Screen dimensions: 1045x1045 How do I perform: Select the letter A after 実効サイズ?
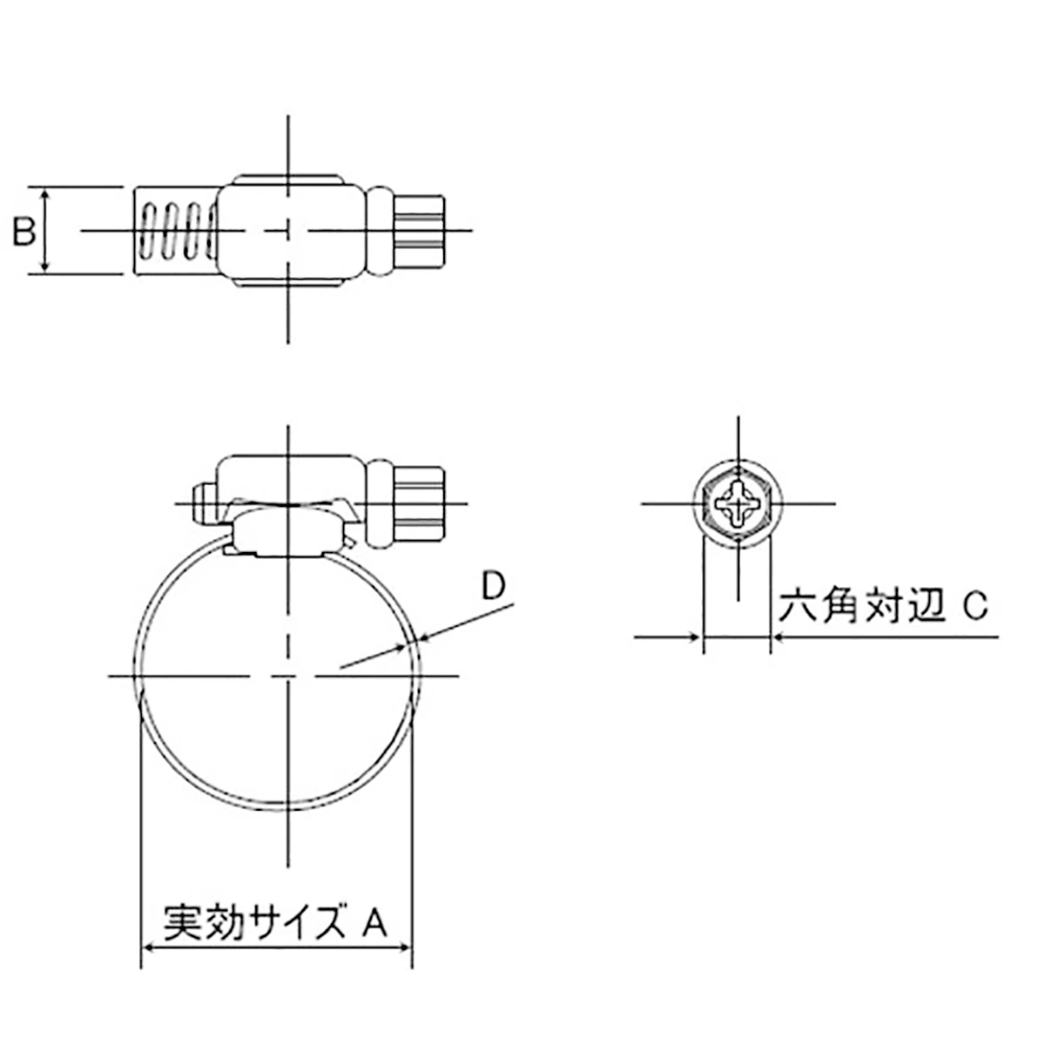374,920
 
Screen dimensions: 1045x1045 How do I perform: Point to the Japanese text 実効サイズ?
254,920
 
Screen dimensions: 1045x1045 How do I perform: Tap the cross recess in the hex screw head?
738,504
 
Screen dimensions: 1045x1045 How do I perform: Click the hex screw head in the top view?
419,232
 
